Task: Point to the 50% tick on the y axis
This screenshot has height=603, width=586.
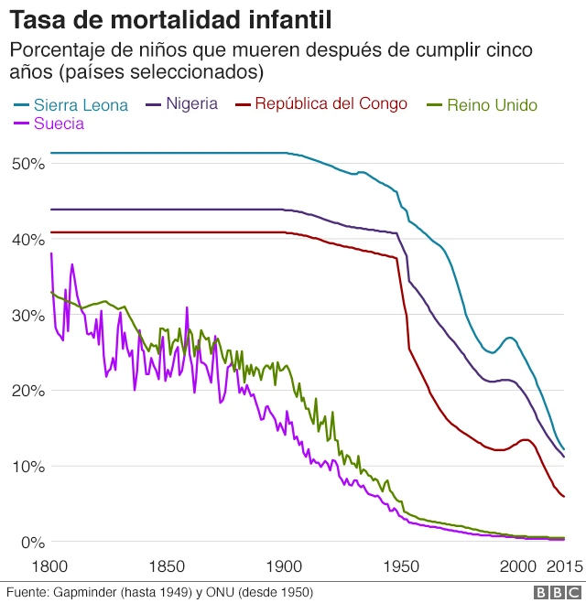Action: (x=28, y=164)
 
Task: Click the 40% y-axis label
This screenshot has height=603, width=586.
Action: (x=28, y=240)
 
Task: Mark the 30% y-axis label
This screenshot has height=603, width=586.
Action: (x=28, y=316)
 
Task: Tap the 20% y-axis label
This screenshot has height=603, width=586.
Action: (x=28, y=392)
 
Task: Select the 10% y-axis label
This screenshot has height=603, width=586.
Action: (x=28, y=467)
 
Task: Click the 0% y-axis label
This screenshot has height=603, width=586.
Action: (x=32, y=543)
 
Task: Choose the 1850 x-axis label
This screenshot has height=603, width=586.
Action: (x=167, y=566)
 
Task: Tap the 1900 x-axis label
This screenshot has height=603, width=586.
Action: (x=283, y=566)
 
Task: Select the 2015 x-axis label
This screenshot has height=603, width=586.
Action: (x=563, y=566)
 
